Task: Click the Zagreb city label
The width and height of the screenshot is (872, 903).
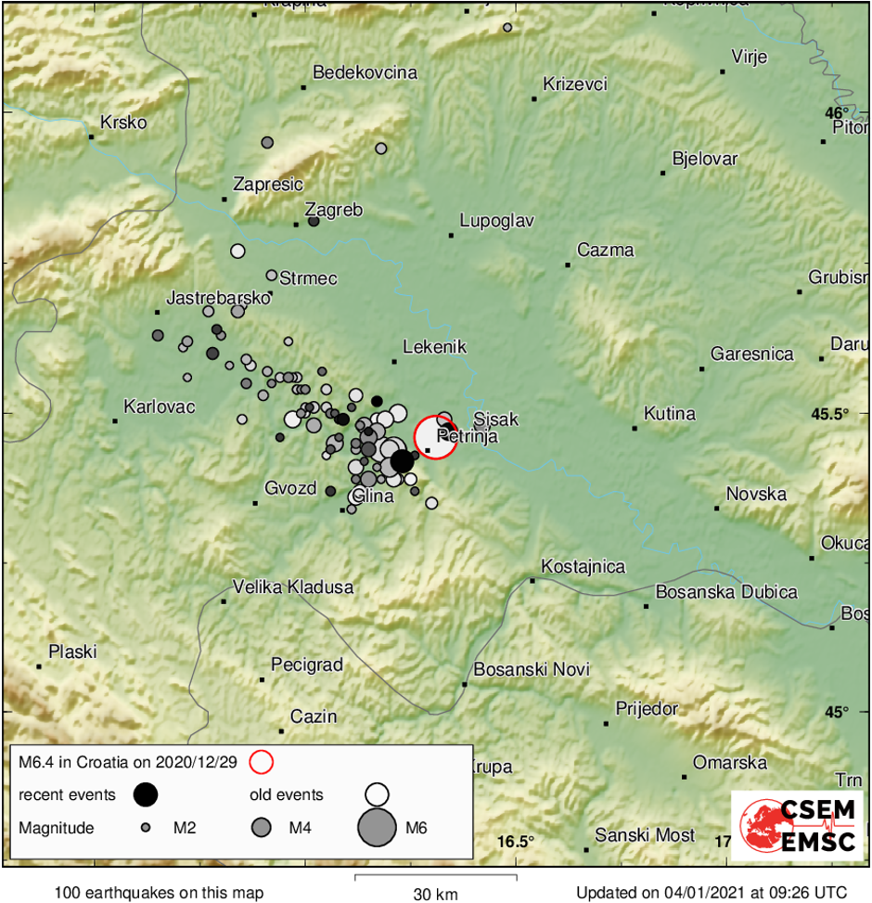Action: [340, 210]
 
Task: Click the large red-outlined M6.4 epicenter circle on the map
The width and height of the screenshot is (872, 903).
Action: [435, 437]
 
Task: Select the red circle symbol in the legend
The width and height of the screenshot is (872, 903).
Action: [263, 762]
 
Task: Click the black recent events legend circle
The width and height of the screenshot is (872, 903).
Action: [146, 794]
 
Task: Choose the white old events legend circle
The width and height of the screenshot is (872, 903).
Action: [377, 794]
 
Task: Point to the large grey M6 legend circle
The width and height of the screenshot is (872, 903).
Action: [377, 827]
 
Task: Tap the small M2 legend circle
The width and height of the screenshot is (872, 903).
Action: [146, 827]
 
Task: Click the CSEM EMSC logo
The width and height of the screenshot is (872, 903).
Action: [795, 824]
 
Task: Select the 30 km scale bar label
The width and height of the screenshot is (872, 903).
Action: [436, 894]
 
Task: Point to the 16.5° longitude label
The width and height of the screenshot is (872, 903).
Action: [516, 842]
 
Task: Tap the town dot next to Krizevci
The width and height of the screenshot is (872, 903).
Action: [534, 98]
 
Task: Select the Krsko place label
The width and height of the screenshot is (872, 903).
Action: [123, 123]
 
